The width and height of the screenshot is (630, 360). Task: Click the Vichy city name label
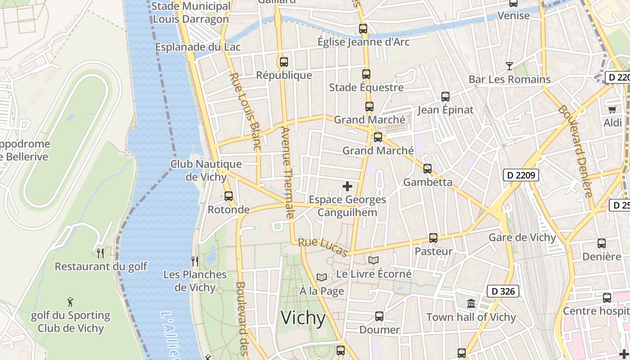point(303,318)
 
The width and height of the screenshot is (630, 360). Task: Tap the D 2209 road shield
point(521,175)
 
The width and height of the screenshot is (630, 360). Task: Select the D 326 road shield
point(503,291)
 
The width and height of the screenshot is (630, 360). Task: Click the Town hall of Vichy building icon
point(471,304)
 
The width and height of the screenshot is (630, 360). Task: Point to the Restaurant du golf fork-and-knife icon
point(100,253)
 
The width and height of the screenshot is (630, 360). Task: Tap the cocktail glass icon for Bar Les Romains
point(509,66)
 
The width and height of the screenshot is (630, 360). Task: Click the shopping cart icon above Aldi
point(612,109)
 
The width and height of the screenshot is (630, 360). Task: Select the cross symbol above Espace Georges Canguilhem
point(347,186)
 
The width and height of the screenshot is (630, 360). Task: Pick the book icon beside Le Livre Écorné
point(373,260)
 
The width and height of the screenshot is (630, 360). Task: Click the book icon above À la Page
point(321,278)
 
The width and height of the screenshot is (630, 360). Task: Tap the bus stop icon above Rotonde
point(229,196)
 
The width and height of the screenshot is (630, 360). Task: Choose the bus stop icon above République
point(283,62)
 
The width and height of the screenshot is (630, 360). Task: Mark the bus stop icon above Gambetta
point(427,169)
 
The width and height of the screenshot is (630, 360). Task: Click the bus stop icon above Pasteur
point(433,238)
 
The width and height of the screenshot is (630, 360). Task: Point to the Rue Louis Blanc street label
point(245,111)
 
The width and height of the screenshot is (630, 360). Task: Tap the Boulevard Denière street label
point(576,151)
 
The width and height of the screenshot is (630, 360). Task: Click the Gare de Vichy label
point(522,237)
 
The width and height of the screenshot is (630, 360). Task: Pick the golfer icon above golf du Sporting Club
point(70,302)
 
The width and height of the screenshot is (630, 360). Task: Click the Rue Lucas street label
point(323,247)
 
